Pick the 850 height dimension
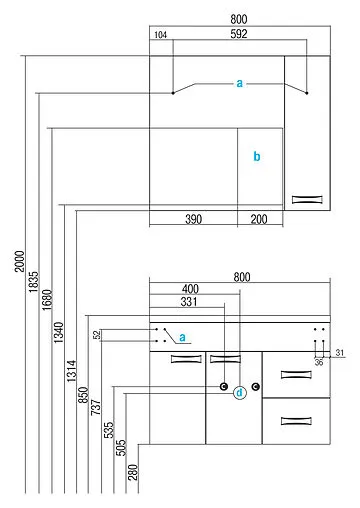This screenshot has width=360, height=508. coord(85,396)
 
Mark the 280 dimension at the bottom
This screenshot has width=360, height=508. coord(133,473)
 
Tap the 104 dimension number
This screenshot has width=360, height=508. coord(160,36)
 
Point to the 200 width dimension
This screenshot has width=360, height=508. coord(259,218)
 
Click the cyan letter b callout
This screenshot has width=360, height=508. coord(257,157)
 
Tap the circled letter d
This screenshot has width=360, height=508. coord(239,393)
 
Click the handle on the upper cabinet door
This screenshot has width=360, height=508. coord(308,200)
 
